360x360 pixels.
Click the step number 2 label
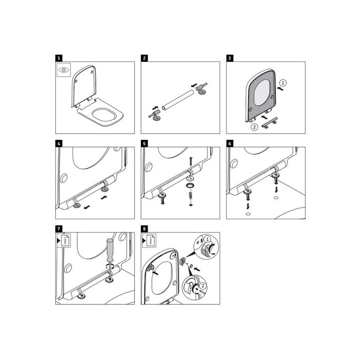(x=144, y=58)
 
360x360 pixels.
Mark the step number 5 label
(x=144, y=143)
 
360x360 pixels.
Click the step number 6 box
(x=230, y=143)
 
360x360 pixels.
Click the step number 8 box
(x=144, y=229)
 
